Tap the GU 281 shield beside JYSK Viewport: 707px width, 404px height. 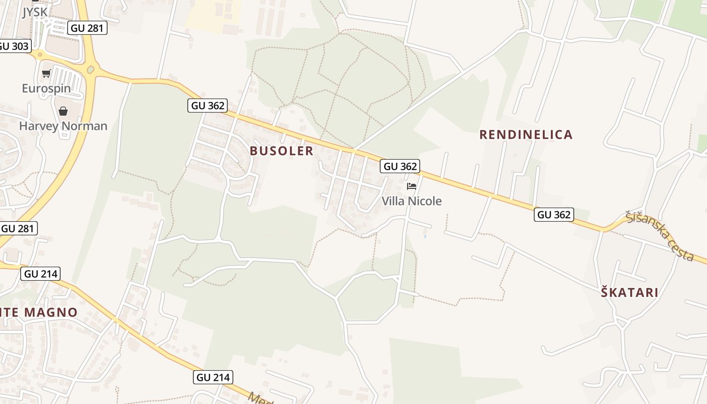pos(88,28)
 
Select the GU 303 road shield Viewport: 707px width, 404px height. pos(14,46)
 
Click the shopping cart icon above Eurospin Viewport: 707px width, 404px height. pos(46,74)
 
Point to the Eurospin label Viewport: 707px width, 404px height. pos(46,89)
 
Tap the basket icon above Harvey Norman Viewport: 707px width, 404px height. pos(63,111)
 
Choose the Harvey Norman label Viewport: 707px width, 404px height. pos(63,126)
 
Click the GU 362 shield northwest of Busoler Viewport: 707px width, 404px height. pos(208,106)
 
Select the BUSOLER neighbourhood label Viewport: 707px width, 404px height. pos(281,151)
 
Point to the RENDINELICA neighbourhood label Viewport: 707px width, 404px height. pos(526,135)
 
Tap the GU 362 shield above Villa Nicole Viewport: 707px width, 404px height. pos(400,166)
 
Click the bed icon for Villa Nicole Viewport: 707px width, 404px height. pos(412,186)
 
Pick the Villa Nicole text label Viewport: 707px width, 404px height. pos(412,201)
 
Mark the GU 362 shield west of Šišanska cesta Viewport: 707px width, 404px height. pos(554,215)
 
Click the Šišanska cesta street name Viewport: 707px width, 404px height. pos(659,235)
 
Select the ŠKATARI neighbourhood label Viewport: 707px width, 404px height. pos(630,292)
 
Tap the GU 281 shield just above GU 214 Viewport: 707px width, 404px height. pos(18,228)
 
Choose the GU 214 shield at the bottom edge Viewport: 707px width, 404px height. pos(213,377)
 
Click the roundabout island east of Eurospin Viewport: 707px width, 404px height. pos(91,70)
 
